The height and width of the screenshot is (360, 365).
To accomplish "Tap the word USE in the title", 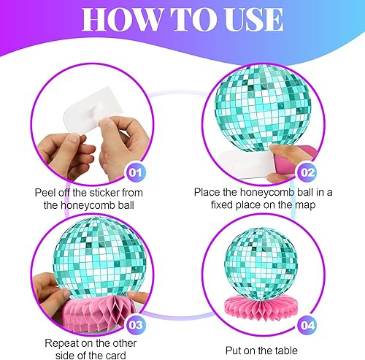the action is pos(253,20).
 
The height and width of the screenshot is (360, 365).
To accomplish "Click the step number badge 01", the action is pos(135,172).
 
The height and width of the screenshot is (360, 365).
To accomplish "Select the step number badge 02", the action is pos(307,172).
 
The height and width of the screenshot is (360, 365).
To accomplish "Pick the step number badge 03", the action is pos(135,325).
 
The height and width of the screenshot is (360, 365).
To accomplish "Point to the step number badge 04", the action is pos(307,326).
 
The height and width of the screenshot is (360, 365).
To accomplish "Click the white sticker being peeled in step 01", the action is pos(93,111).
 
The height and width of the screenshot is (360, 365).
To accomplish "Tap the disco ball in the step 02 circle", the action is pos(263,108).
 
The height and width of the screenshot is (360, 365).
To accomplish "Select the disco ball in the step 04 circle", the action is pos(261,263).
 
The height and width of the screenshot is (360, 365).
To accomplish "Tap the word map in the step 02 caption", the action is pos(305,205).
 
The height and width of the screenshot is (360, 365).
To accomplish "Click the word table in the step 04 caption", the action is pos(285,351).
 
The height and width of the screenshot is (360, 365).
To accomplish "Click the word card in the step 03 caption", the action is pos(116,356).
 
